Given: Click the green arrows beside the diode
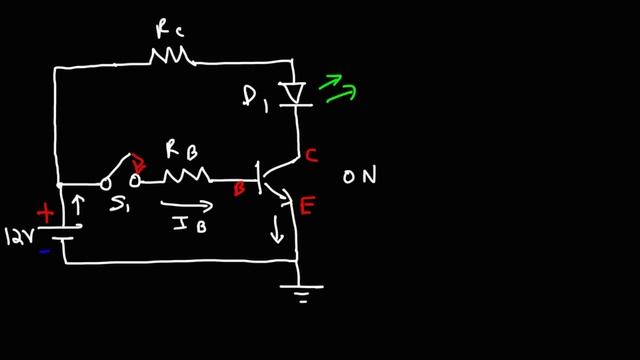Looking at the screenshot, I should coord(337,89).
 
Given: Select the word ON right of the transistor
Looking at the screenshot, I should coord(358,177).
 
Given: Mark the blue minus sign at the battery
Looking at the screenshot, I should coord(44,252).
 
